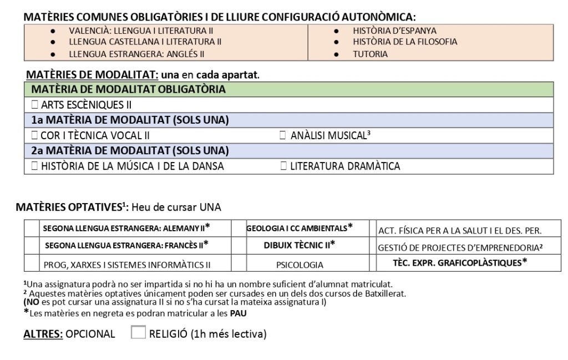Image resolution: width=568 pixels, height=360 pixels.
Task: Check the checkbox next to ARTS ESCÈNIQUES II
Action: coord(35,105)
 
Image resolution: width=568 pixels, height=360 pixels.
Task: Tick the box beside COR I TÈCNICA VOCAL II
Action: coord(35,135)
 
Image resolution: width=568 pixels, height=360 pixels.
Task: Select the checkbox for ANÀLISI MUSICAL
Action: coord(283,135)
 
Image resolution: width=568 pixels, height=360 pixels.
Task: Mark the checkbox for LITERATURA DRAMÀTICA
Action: coord(283,166)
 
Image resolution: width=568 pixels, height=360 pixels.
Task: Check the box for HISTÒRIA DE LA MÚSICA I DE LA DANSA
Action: coord(35,166)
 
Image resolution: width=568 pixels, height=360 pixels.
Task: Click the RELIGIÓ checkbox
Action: coord(138,333)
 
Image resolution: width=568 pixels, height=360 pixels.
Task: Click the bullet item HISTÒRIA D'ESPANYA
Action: coord(394,31)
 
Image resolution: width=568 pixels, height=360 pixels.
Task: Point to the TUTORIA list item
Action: coord(370,54)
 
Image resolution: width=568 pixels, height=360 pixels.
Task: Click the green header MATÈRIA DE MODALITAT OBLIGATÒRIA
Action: coord(129,89)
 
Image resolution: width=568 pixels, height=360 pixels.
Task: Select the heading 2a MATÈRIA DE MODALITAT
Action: coord(130,150)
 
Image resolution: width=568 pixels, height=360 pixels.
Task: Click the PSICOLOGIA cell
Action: coord(300,265)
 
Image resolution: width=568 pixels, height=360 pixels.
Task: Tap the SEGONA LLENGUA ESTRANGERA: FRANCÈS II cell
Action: coord(126,245)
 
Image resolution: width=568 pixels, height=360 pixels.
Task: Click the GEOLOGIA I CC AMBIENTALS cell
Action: coord(300,227)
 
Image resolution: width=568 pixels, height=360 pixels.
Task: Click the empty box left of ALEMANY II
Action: coord(32,228)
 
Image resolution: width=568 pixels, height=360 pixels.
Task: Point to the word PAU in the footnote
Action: coord(239,313)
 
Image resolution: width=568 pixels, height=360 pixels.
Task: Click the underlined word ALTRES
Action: coord(43,334)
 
